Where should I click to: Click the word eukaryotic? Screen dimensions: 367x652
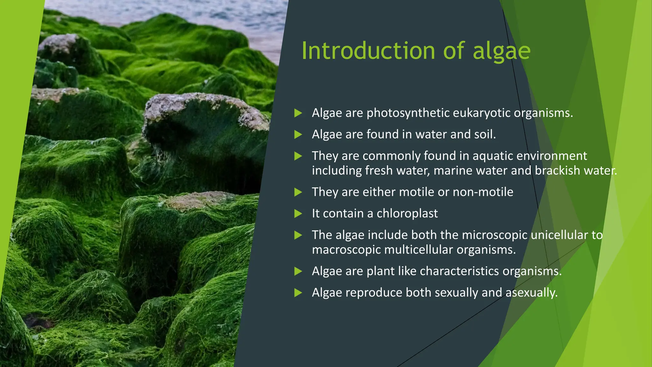[x=481, y=113]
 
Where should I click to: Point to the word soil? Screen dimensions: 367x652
[x=485, y=134]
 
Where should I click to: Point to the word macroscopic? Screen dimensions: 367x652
[x=346, y=249]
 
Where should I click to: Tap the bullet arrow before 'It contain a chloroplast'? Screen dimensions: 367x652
[x=298, y=213]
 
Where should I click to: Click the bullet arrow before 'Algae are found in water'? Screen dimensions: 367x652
[x=298, y=134]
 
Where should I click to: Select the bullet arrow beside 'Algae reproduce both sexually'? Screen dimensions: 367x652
[x=298, y=292]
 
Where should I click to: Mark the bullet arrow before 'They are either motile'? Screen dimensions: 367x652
[x=298, y=192]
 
